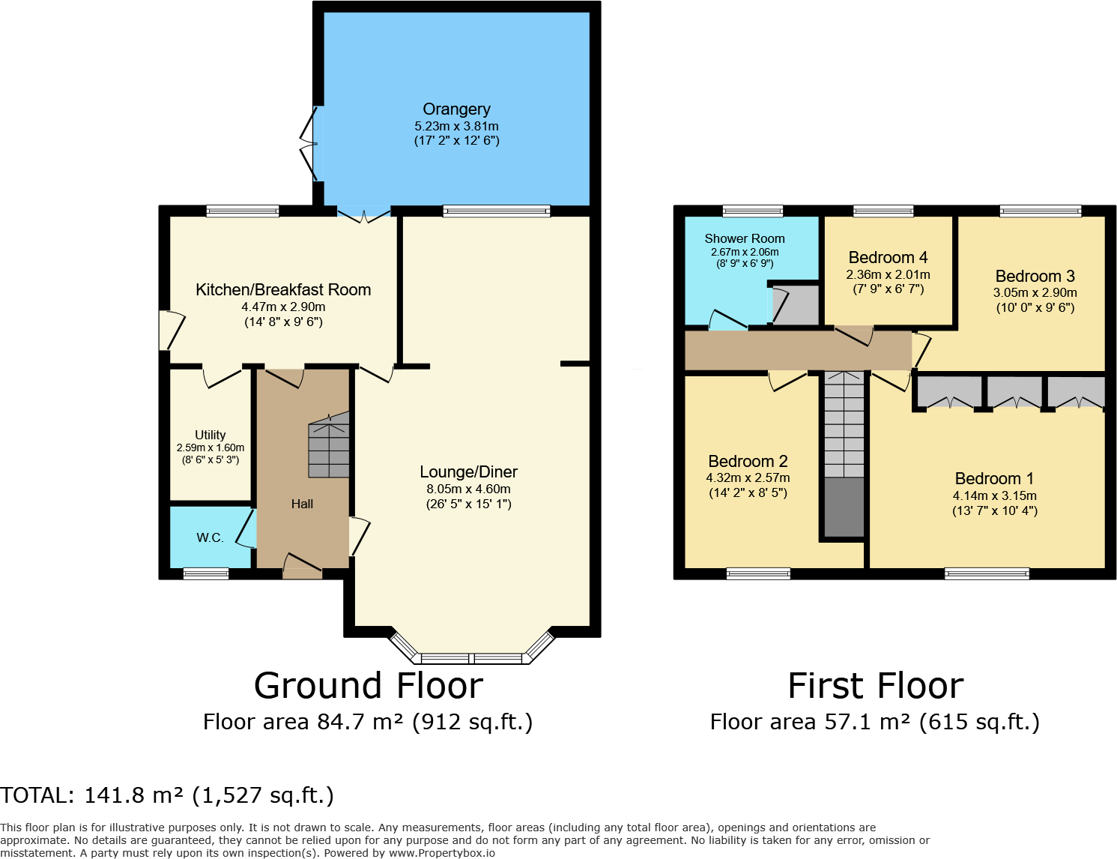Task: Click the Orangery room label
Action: (x=456, y=109)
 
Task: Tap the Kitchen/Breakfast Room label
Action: (x=283, y=290)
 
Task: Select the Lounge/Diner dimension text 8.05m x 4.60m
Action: (x=468, y=489)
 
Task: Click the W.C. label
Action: (x=210, y=537)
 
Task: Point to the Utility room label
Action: (x=210, y=435)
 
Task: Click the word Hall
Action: (x=302, y=504)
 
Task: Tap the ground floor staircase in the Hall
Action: (x=330, y=447)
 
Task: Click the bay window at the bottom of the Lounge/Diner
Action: (x=471, y=658)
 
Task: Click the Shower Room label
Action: (x=745, y=238)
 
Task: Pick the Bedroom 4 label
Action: (x=888, y=258)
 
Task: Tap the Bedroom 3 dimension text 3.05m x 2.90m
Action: (x=1035, y=293)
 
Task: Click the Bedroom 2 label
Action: (x=748, y=462)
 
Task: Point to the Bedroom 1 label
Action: (x=994, y=479)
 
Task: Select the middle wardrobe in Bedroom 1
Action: (x=1014, y=392)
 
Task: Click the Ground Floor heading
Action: (x=368, y=686)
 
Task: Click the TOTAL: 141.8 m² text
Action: (x=167, y=795)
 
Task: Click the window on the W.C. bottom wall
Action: (x=206, y=574)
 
